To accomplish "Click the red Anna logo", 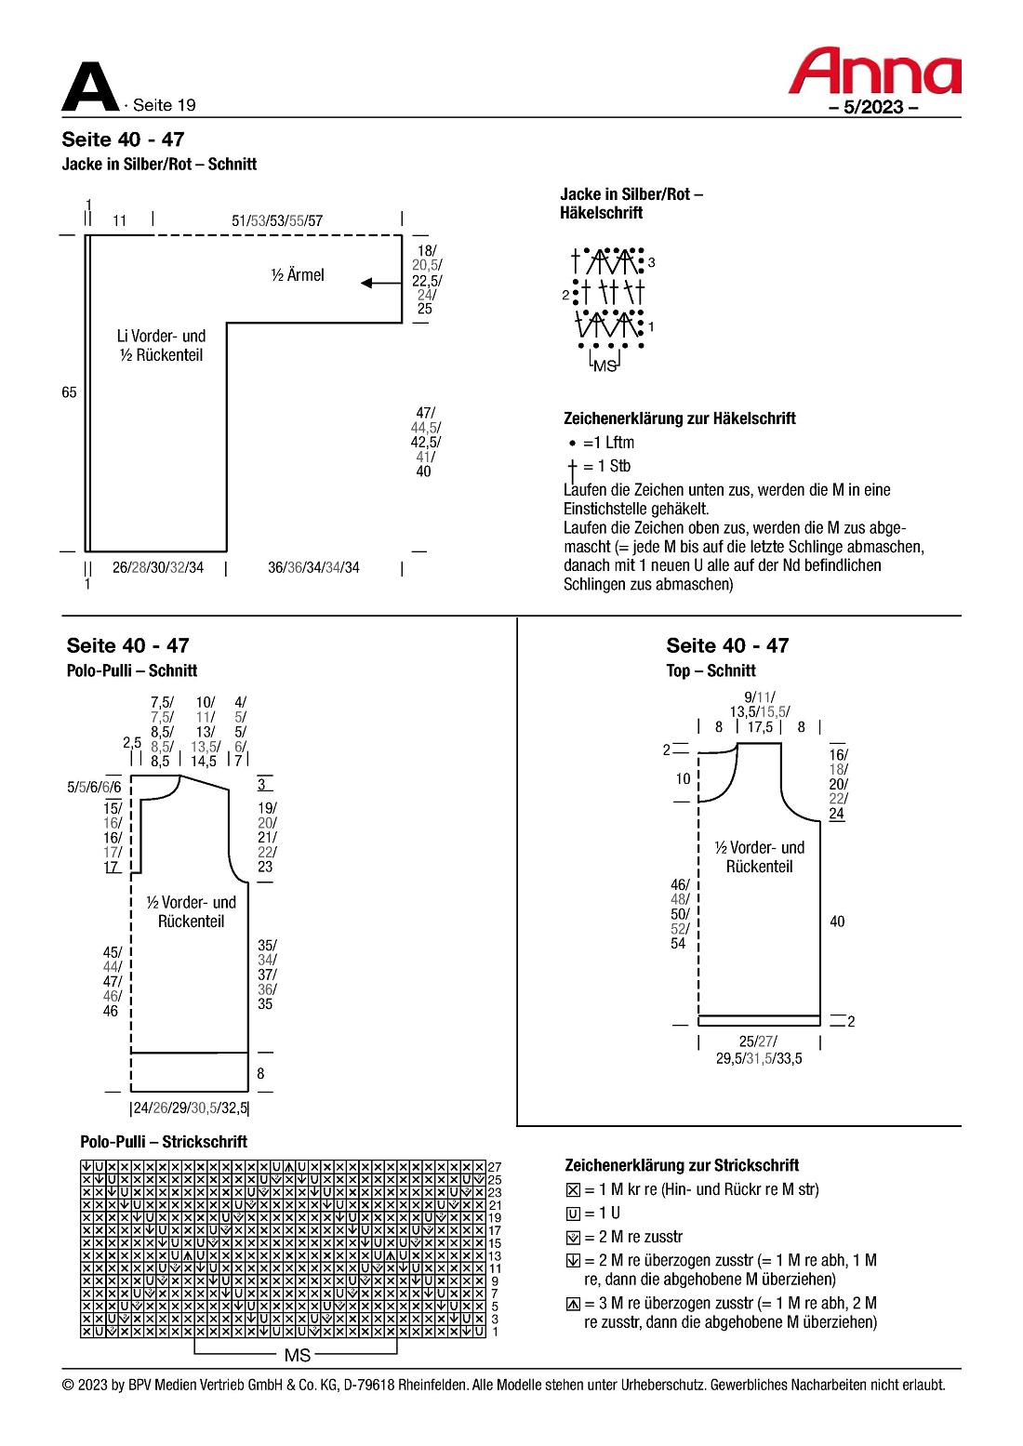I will (x=874, y=72).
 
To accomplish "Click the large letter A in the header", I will (x=89, y=88).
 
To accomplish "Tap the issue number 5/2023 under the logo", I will (x=873, y=107).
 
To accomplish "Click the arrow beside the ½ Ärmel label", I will (x=379, y=283).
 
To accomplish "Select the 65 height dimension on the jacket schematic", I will (x=69, y=392).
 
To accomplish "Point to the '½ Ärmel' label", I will (x=298, y=275).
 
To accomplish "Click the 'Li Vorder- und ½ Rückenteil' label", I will (x=161, y=345).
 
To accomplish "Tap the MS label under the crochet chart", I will (x=604, y=366).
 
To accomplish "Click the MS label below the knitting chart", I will (x=298, y=1355).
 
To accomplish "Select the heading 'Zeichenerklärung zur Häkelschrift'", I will (x=679, y=418).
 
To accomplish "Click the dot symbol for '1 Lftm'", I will (x=573, y=444).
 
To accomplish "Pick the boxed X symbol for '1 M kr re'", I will (x=573, y=1189).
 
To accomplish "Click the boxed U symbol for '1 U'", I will (x=573, y=1214).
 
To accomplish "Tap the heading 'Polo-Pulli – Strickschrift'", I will (x=164, y=1142).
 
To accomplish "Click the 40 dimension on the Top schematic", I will (x=837, y=922).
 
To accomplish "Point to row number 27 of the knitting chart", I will (x=495, y=1167).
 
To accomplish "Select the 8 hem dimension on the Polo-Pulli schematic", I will (x=260, y=1073).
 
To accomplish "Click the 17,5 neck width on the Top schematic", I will (x=760, y=727).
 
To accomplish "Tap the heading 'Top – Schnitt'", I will (x=711, y=670).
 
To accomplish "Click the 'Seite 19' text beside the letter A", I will (x=164, y=105).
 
